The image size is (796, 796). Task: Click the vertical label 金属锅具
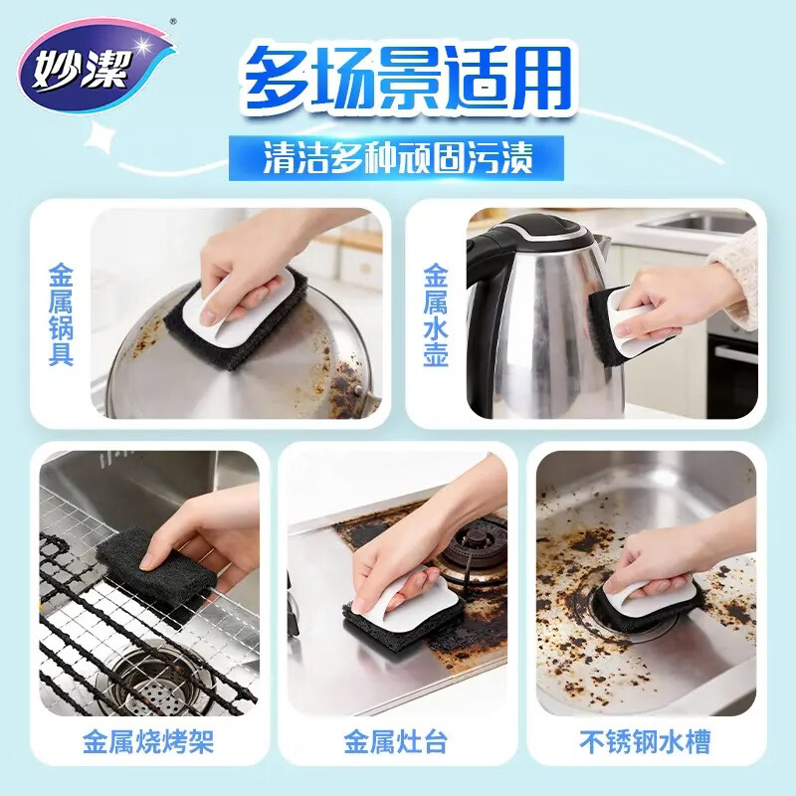(61, 313)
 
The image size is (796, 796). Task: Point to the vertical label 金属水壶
(435, 314)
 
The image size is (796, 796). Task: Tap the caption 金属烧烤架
(150, 740)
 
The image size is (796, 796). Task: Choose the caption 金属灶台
(398, 740)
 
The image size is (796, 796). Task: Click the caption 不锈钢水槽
(647, 740)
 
